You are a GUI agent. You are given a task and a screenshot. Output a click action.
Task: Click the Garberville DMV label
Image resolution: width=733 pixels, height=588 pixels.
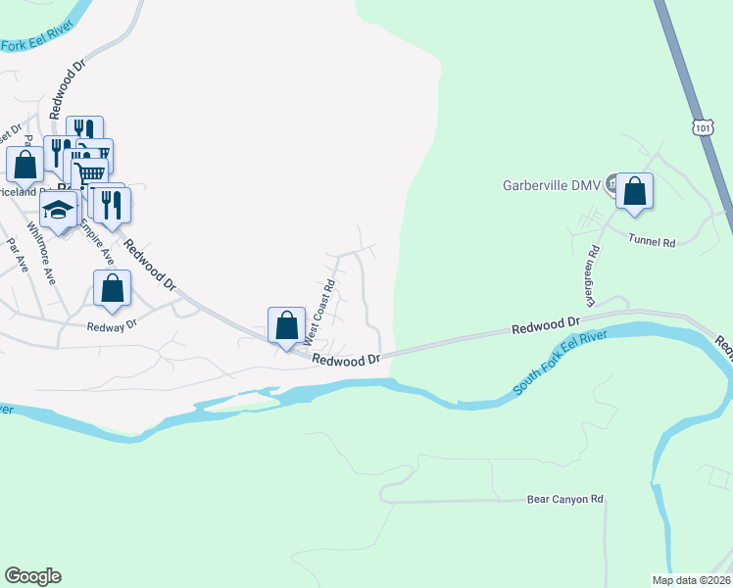(x=550, y=183)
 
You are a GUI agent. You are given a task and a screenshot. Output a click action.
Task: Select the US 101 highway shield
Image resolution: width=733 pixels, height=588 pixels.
(x=701, y=127)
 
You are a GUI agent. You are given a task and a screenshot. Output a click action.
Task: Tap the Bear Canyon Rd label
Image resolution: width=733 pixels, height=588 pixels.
(x=564, y=499)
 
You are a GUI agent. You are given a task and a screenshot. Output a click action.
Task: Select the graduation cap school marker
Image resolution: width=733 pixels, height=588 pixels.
(x=59, y=209)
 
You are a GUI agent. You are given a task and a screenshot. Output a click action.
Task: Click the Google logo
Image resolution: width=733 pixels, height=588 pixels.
(x=32, y=576)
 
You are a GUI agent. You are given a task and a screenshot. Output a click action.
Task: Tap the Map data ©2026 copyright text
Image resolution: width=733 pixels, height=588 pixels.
(x=691, y=580)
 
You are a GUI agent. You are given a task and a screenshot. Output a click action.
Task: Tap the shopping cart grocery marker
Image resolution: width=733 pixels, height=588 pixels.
(x=89, y=172)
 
